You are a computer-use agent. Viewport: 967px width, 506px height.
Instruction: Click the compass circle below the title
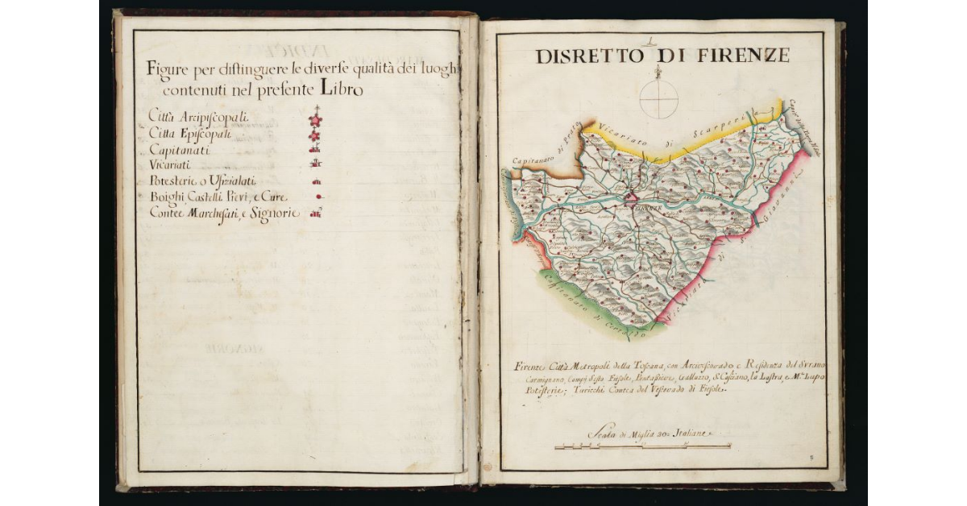point(658,100)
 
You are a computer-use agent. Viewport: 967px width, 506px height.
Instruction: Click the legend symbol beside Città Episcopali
point(316,135)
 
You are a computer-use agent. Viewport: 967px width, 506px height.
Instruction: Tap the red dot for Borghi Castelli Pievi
point(319,197)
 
